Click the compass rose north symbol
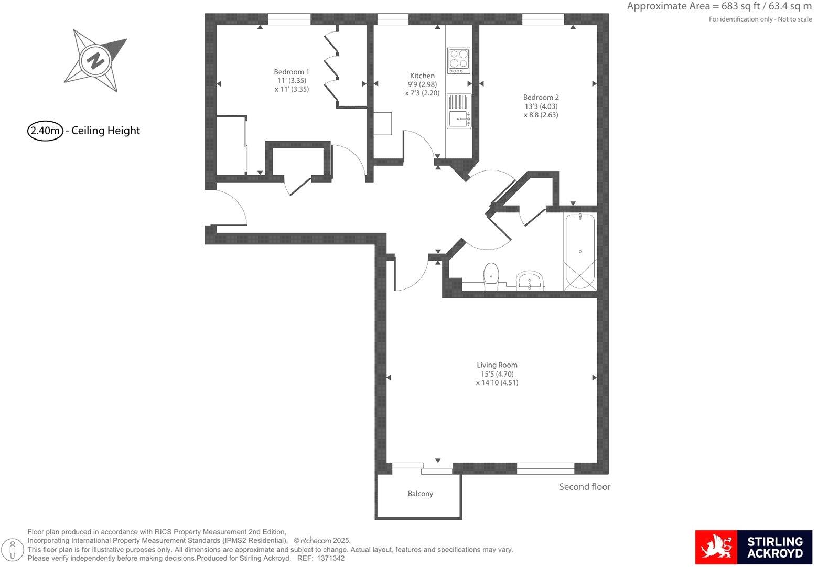(95, 60)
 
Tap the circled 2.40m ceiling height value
(46, 131)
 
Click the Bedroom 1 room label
(292, 72)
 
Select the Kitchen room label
(422, 76)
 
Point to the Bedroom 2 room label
(541, 97)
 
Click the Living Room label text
(497, 365)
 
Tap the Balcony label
(421, 494)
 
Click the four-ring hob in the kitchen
(459, 61)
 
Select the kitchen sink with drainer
(459, 111)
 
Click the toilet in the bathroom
(491, 274)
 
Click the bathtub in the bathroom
(580, 252)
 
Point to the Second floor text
(585, 487)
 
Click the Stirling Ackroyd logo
(753, 547)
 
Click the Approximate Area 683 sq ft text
(719, 7)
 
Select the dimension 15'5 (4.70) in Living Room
(497, 374)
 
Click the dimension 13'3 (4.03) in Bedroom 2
(541, 106)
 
